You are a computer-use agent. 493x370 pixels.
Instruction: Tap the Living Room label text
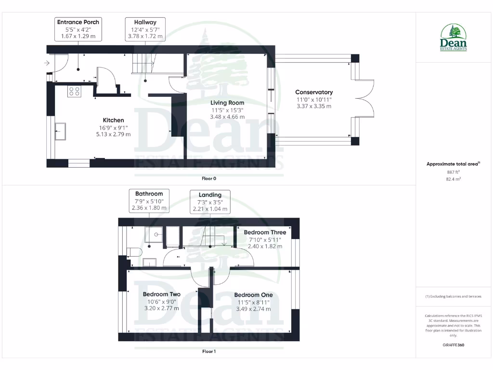227,103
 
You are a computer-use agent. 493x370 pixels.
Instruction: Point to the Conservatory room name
314,92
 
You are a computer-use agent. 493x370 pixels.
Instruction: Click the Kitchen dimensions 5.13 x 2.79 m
113,134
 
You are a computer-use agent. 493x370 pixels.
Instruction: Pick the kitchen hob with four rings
75,92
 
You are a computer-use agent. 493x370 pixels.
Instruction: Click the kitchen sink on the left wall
61,131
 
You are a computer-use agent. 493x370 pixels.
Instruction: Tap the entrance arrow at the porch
47,63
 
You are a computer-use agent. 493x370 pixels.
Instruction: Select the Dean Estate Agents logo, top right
453,38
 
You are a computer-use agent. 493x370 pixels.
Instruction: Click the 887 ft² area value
453,172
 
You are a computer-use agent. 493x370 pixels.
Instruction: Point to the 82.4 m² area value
453,179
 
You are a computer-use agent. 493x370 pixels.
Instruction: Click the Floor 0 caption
209,178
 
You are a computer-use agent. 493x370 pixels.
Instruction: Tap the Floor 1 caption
209,351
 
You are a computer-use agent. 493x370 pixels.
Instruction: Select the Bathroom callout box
149,201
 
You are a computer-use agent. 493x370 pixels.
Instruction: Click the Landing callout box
210,202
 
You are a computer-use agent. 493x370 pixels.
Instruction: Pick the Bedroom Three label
265,232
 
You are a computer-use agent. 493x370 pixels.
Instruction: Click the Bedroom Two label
162,294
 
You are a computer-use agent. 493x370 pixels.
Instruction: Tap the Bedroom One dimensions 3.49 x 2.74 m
253,308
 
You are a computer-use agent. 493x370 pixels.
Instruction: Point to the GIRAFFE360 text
453,345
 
